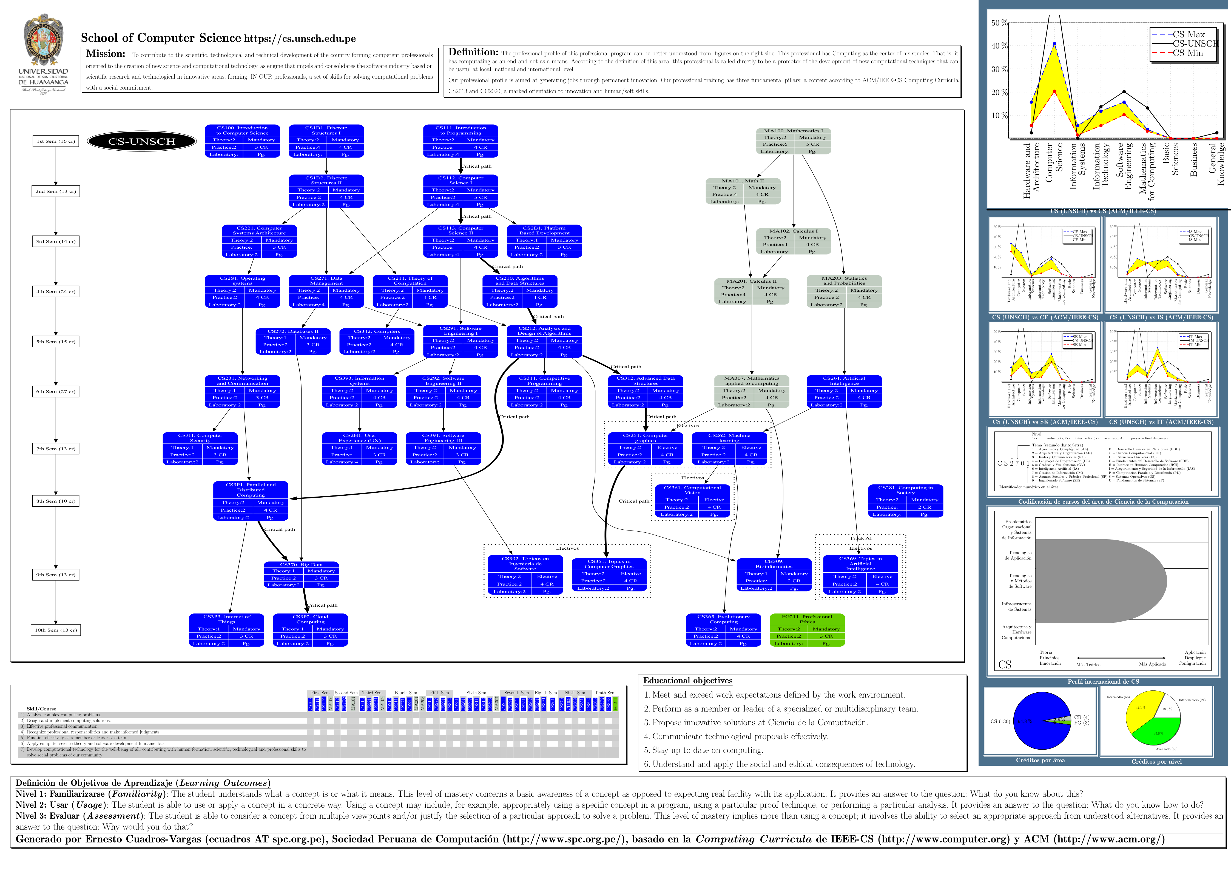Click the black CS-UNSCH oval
pyautogui.click(x=141, y=141)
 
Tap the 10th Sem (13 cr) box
pyautogui.click(x=56, y=630)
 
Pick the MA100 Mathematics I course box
pyautogui.click(x=794, y=141)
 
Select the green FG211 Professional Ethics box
pyautogui.click(x=807, y=630)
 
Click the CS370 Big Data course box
pyautogui.click(x=301, y=575)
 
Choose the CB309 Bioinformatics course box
pyautogui.click(x=774, y=575)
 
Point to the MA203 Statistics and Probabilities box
pyautogui.click(x=844, y=291)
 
